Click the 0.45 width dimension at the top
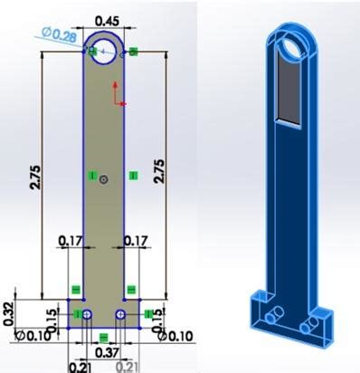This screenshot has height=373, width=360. coord(107,21)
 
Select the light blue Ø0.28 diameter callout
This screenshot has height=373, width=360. coord(59,34)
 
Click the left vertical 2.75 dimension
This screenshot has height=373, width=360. coord(35,177)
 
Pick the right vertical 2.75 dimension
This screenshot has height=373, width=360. coord(159,171)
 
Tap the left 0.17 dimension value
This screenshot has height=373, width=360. coord(71,241)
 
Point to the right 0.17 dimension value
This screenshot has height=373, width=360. coord(136,241)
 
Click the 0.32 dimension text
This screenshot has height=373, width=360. coord(9,314)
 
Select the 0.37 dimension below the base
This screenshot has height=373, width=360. coord(108,352)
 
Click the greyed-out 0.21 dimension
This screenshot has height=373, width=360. coord(128,368)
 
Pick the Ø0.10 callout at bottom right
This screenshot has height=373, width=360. coord(175,336)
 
